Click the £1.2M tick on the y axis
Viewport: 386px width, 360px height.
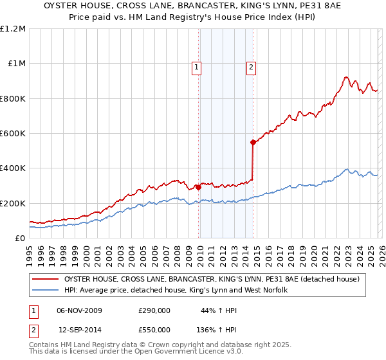[14, 29]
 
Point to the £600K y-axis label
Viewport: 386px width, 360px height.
[14, 134]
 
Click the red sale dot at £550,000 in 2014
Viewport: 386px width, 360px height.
[253, 142]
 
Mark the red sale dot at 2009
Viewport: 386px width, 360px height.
[198, 187]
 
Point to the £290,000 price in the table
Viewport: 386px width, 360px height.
[154, 310]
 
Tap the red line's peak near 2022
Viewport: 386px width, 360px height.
[346, 77]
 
